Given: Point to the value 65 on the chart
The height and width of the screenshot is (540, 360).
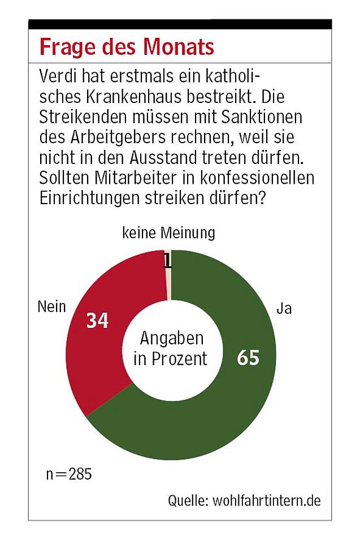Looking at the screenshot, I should point(248,357).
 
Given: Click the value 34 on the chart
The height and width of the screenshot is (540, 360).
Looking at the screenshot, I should point(97,321).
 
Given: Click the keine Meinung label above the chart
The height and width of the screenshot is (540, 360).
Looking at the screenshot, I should point(168,233).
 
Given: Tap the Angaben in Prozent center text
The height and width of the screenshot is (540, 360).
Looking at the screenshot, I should point(171,348).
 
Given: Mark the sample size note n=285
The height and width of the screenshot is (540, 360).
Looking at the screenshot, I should point(69,474).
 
